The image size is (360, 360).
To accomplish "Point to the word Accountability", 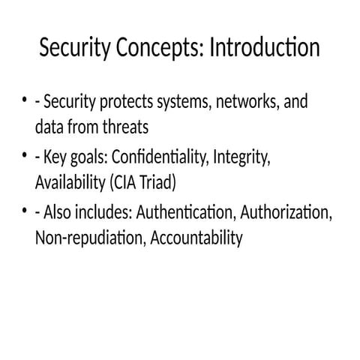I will click(x=196, y=238).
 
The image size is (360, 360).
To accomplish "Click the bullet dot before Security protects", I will click(x=25, y=101).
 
